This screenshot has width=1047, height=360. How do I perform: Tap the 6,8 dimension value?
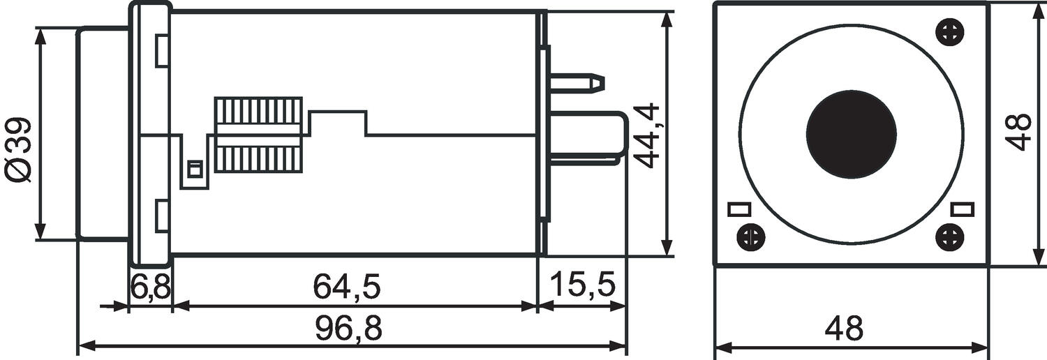click(x=150, y=286)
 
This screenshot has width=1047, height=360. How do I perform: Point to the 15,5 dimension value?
click(x=582, y=286)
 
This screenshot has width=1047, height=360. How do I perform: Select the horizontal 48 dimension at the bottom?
click(x=844, y=328)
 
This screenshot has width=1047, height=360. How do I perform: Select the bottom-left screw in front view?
click(x=750, y=236)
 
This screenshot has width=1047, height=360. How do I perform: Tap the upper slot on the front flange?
click(x=161, y=50)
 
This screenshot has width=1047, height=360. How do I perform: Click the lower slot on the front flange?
click(x=161, y=217)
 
